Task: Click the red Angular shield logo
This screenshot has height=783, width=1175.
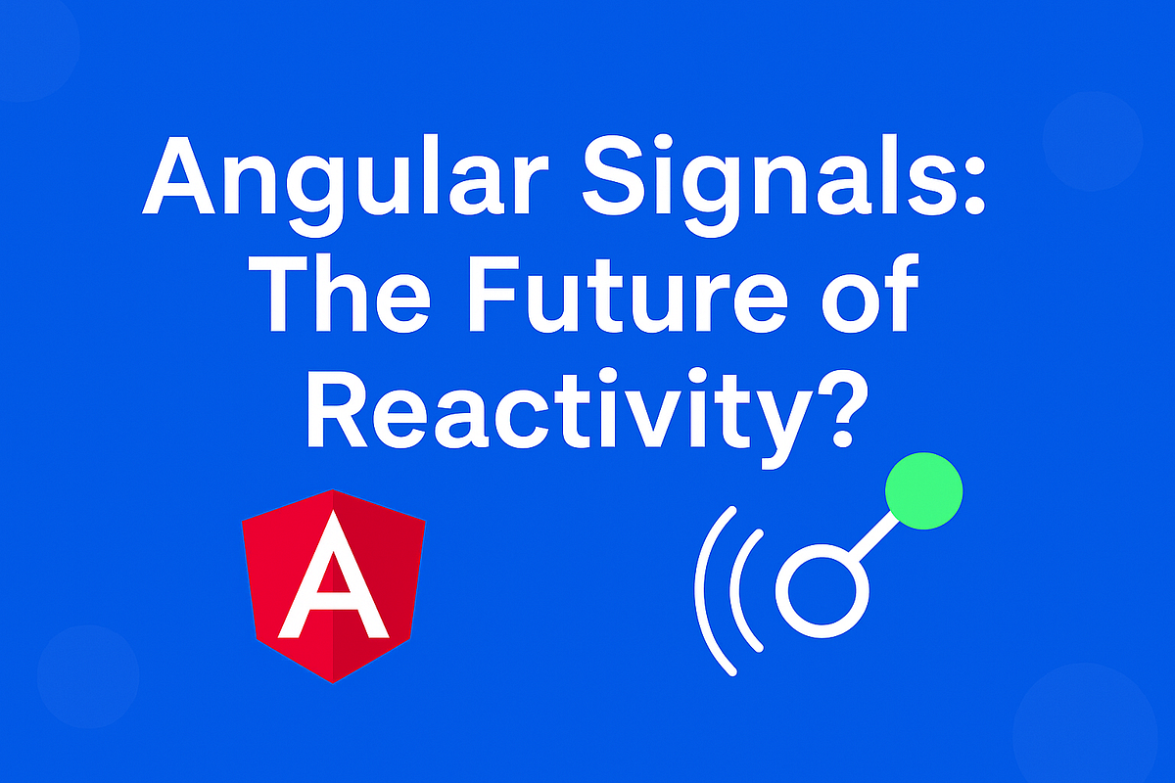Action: coord(333,584)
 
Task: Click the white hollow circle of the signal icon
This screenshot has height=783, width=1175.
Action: coord(822,593)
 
